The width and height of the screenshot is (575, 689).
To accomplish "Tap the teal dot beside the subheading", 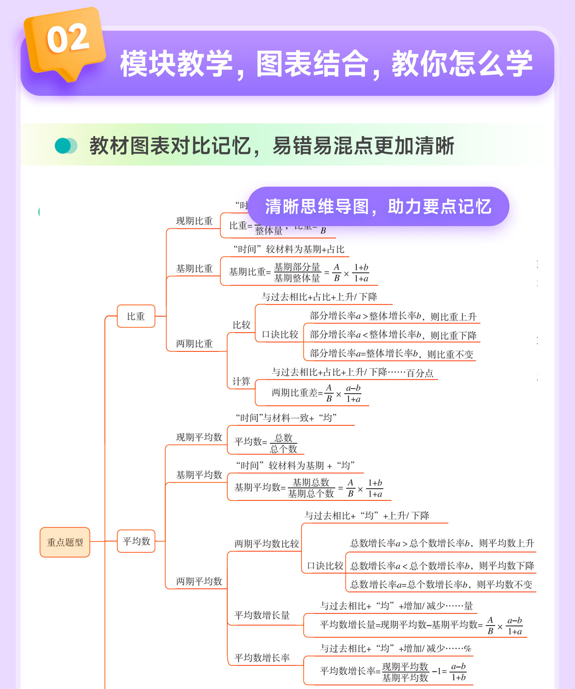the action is pyautogui.click(x=63, y=146).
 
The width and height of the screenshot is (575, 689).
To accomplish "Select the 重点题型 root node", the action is pyautogui.click(x=65, y=542).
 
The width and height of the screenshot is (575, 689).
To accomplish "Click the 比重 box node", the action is pyautogui.click(x=136, y=317).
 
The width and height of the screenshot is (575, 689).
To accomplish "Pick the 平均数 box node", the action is pyautogui.click(x=136, y=541).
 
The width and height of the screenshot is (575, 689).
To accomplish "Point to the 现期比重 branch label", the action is pyautogui.click(x=194, y=221).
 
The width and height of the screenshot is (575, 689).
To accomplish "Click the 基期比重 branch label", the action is pyautogui.click(x=194, y=269).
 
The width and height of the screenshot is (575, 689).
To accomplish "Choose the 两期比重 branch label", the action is pyautogui.click(x=194, y=344).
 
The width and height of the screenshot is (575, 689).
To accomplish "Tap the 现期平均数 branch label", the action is pyautogui.click(x=199, y=437).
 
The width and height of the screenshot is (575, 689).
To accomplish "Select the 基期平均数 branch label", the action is pyautogui.click(x=199, y=475).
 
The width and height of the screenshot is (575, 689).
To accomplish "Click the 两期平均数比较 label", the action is pyautogui.click(x=266, y=544).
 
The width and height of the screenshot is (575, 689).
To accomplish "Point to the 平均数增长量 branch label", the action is pyautogui.click(x=262, y=615).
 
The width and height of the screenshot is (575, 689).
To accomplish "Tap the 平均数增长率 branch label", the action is pyautogui.click(x=262, y=658).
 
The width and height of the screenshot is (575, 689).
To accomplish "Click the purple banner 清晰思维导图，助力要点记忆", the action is pyautogui.click(x=378, y=207).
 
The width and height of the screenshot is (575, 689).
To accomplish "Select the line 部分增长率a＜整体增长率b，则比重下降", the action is pyautogui.click(x=393, y=335).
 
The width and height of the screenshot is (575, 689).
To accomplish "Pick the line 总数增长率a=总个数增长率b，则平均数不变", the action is pyautogui.click(x=441, y=585).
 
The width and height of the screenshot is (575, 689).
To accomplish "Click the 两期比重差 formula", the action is pyautogui.click(x=316, y=393).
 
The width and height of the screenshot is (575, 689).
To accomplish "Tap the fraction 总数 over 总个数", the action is pyautogui.click(x=284, y=443).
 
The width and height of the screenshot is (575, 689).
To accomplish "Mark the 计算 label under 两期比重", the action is pyautogui.click(x=241, y=381).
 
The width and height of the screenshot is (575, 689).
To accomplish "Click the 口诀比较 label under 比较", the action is pyautogui.click(x=280, y=335).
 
